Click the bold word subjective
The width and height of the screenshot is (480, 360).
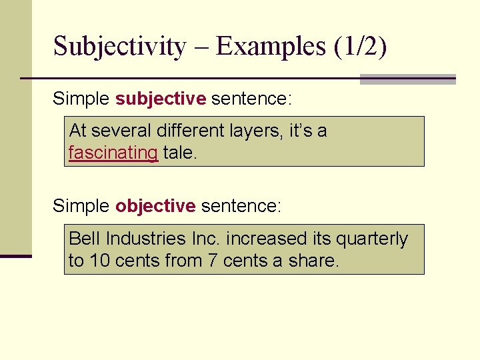point(161,99)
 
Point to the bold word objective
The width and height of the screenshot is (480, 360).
point(155,206)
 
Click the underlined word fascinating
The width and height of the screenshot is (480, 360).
point(113,153)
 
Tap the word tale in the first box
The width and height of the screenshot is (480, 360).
point(179,153)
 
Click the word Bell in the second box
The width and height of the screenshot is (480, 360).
point(84,239)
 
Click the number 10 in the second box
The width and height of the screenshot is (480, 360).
point(99,261)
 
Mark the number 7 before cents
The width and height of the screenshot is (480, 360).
point(212,261)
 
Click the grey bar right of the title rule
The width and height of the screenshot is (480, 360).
point(407,79)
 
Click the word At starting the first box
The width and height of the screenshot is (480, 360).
point(78,131)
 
